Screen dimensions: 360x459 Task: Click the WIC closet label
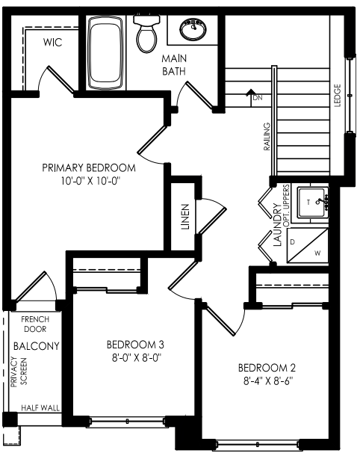(52, 43)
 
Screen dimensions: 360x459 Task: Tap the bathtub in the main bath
(105, 52)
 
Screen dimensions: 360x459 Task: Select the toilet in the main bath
(147, 34)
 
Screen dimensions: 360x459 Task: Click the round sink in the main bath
(193, 29)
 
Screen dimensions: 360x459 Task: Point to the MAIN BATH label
(174, 65)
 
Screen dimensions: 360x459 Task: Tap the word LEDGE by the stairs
(338, 96)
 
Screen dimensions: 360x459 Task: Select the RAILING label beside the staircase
(267, 137)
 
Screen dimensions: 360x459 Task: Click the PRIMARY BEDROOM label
(89, 167)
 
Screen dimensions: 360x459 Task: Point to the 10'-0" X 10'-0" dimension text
(90, 181)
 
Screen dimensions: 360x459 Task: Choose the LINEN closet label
(185, 217)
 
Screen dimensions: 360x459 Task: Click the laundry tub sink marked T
(312, 203)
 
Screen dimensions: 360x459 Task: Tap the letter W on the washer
(317, 253)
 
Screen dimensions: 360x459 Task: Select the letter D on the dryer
(292, 242)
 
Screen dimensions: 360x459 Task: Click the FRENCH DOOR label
(35, 324)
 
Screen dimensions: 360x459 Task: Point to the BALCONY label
(37, 346)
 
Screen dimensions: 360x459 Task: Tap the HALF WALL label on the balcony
(40, 407)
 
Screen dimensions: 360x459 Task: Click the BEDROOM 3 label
(135, 345)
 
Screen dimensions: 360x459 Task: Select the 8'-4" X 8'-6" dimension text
(268, 381)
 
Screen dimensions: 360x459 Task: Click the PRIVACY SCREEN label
(19, 372)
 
